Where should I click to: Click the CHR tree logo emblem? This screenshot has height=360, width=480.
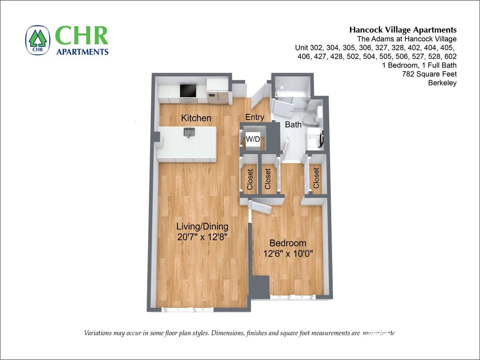(x=38, y=40)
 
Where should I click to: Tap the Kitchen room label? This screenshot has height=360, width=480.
(x=196, y=118)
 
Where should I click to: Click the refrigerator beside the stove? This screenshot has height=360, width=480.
(x=218, y=91)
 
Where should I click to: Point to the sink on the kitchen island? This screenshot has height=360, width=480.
(x=189, y=132)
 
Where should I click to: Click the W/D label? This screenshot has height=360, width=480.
(x=253, y=139)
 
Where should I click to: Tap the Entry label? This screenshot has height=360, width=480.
(x=254, y=117)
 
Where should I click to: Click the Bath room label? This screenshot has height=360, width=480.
(x=293, y=124)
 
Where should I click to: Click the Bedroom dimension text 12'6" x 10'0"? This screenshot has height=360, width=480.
(x=288, y=254)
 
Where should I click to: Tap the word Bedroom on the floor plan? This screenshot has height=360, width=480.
(x=288, y=243)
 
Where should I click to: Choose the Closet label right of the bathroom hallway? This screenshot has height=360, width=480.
(x=316, y=178)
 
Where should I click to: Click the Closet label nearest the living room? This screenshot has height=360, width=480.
(x=250, y=179)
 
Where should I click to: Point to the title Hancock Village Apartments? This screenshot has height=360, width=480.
(x=403, y=30)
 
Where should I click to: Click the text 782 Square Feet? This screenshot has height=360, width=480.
(x=429, y=74)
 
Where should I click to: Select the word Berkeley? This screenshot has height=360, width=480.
(x=442, y=83)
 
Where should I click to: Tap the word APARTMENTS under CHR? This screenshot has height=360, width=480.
(x=82, y=52)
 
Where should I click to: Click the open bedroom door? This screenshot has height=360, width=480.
(x=262, y=207)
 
